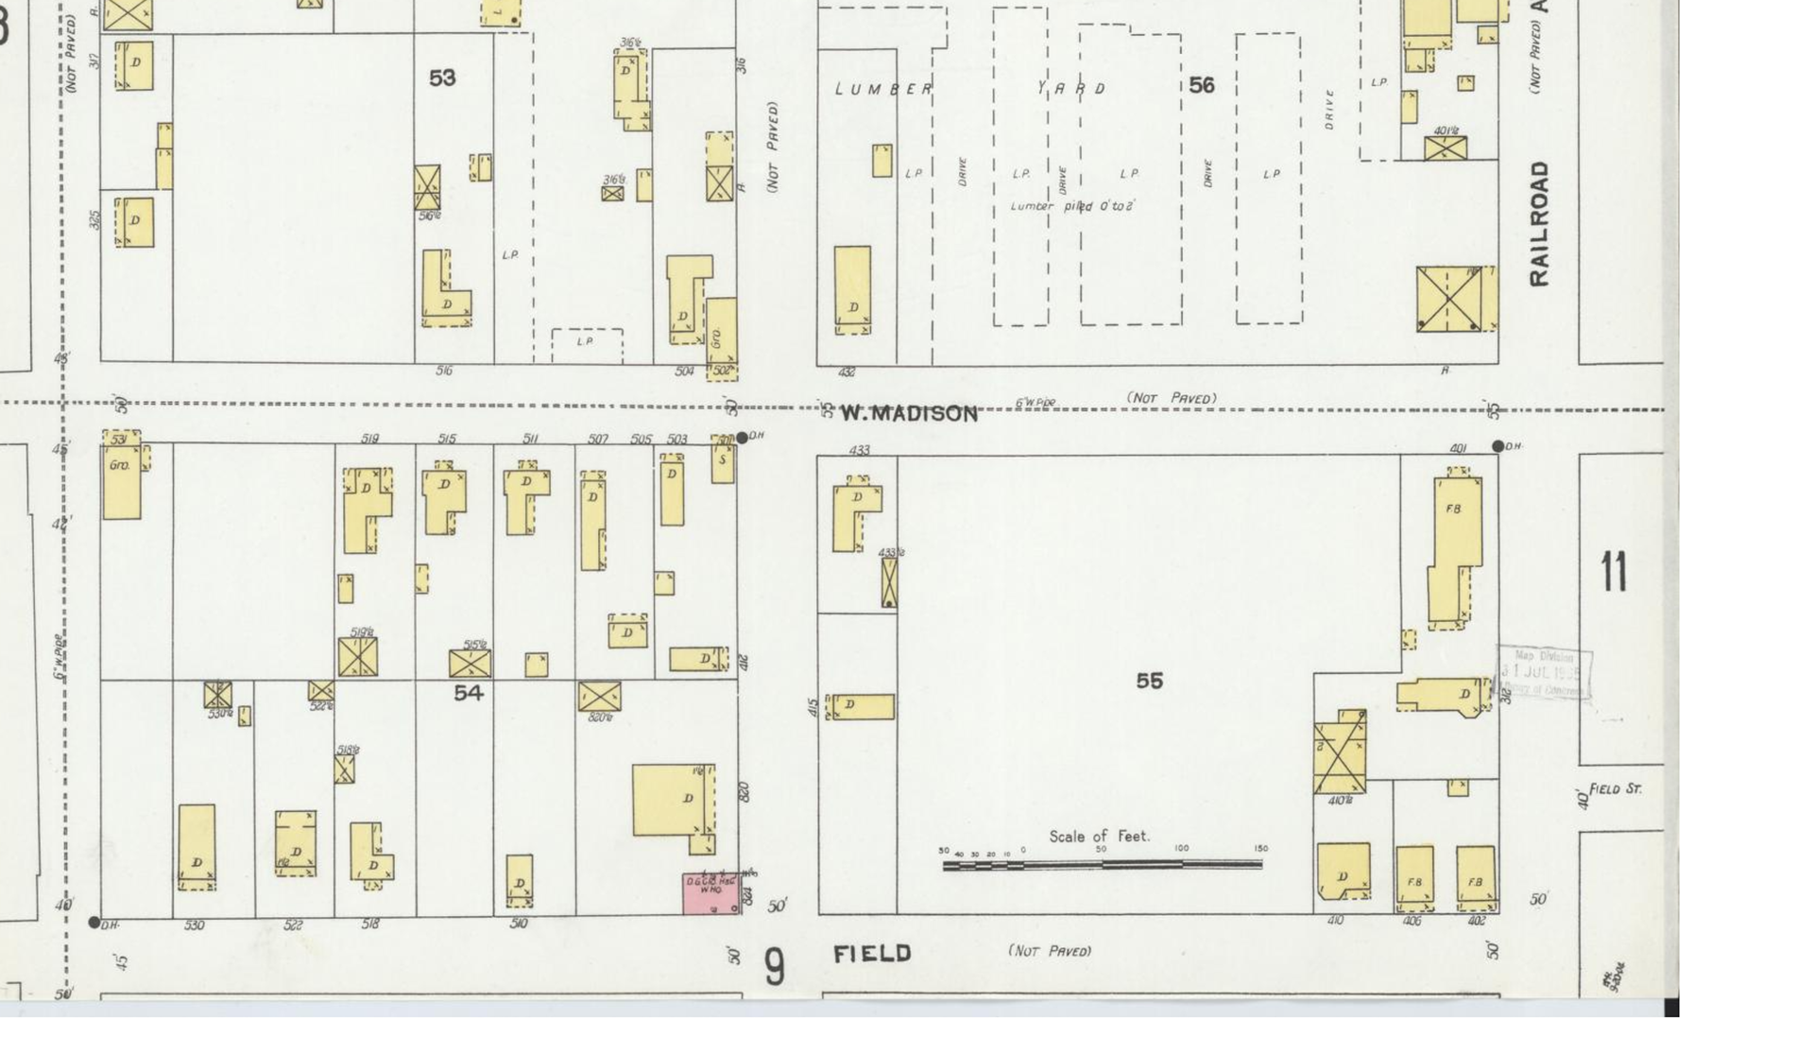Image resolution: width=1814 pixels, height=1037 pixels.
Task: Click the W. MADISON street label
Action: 909,413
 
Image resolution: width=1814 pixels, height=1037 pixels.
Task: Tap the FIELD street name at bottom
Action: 872,954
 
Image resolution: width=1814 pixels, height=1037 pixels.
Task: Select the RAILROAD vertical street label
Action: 1539,223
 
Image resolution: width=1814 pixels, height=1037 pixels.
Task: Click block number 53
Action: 442,78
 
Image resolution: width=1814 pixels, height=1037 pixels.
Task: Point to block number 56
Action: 1201,86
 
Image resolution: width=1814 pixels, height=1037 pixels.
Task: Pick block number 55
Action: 1149,681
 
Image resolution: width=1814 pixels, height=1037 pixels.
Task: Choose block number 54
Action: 468,693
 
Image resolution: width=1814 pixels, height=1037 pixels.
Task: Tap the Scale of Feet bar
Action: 1102,864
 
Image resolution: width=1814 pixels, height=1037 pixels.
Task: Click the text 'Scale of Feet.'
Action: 1099,837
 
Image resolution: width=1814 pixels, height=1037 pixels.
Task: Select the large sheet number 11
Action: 1614,572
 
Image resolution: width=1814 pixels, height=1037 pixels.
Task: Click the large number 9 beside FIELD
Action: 774,967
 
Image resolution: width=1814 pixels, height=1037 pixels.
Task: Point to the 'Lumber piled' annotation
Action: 1072,206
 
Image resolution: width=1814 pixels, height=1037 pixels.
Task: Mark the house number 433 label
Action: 859,450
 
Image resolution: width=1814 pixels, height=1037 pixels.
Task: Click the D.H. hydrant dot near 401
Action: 1497,446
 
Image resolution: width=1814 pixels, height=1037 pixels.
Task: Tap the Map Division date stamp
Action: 1545,673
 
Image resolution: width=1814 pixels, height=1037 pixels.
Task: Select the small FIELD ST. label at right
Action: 1615,788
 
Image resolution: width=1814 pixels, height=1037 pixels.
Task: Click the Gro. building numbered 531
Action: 122,477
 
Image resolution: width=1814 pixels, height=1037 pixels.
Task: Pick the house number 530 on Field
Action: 194,925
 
